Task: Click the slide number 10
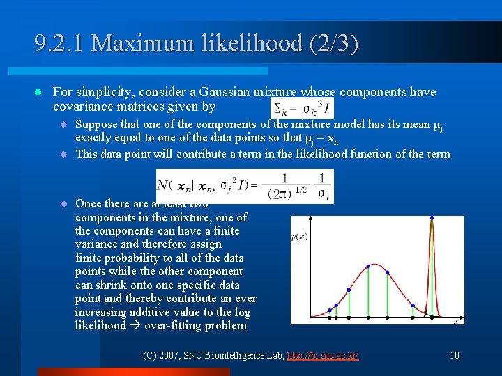tap(454, 356)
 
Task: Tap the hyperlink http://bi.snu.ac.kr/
tap(320, 356)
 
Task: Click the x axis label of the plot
tap(455, 322)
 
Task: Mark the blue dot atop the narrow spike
tap(432, 218)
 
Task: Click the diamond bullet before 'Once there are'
tap(63, 204)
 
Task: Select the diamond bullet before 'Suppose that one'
tap(63, 125)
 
